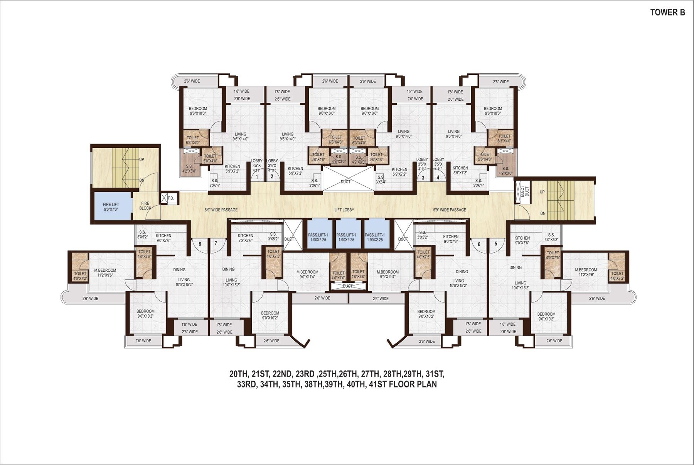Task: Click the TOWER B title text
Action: click(667, 12)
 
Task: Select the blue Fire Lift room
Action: click(111, 206)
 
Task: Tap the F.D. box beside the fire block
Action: click(171, 198)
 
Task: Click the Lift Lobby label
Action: click(344, 210)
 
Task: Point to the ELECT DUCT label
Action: click(524, 191)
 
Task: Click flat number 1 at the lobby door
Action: click(257, 177)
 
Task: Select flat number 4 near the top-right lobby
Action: click(438, 178)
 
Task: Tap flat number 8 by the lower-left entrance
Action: click(200, 243)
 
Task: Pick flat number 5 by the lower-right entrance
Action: click(496, 243)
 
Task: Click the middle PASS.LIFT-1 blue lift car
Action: click(346, 237)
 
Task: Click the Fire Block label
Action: click(145, 206)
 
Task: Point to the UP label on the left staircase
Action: click(141, 159)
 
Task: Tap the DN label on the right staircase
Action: click(543, 213)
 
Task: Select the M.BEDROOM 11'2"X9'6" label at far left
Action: click(105, 272)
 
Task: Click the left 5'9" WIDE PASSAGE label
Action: click(221, 210)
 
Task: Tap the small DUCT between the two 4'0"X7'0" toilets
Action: click(347, 286)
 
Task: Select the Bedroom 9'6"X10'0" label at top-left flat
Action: click(198, 111)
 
